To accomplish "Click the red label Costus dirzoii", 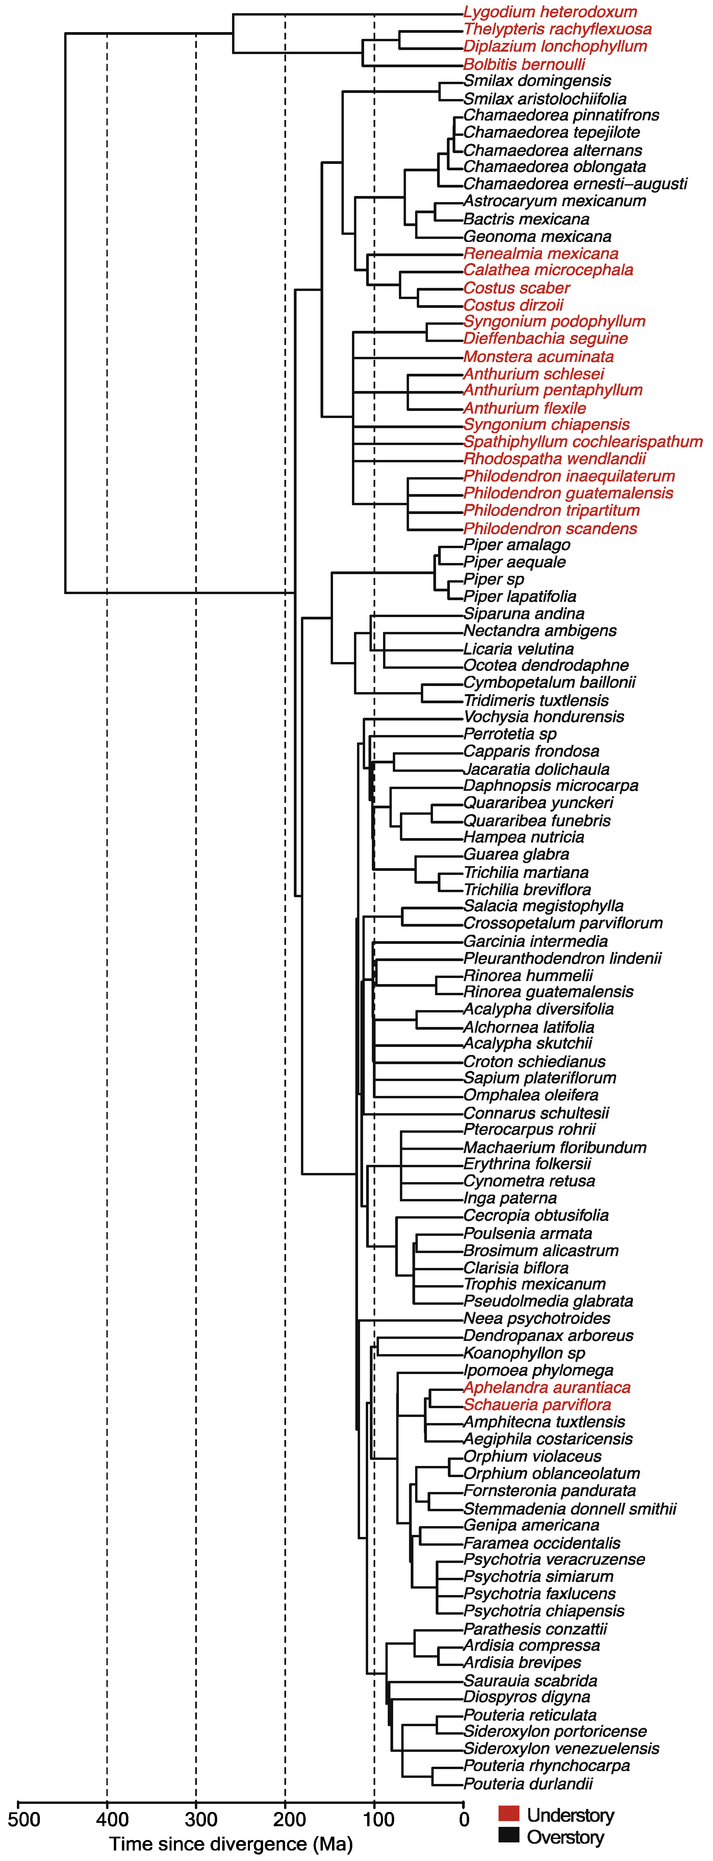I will pyautogui.click(x=513, y=305).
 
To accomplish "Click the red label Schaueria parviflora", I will pyautogui.click(x=537, y=1404).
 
